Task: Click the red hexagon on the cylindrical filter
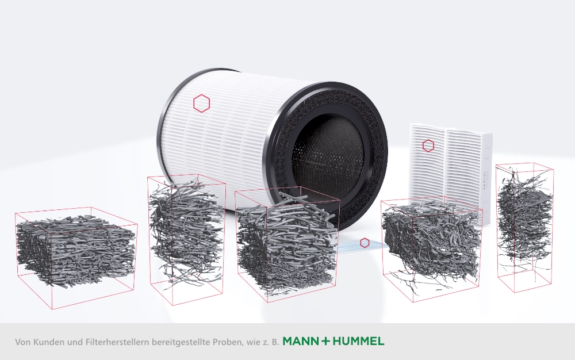point(201,103)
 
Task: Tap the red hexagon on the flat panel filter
point(428,145)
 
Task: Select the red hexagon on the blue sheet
point(365,243)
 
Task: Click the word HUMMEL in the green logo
point(358,341)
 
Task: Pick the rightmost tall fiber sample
point(524,229)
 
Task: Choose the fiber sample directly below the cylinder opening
point(287,244)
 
